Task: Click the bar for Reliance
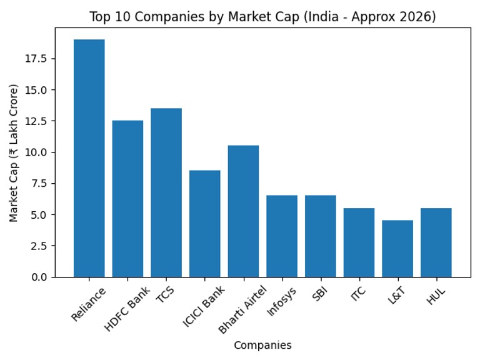click(x=89, y=158)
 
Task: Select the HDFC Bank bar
click(x=127, y=199)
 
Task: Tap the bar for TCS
click(x=166, y=192)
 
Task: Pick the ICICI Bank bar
click(x=205, y=224)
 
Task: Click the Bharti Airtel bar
click(x=243, y=211)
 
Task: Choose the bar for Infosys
click(x=282, y=236)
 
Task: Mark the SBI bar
click(x=321, y=236)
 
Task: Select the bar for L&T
click(x=397, y=249)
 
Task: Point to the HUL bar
click(x=436, y=242)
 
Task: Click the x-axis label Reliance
click(x=89, y=304)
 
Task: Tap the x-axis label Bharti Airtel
click(x=242, y=309)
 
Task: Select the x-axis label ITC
click(x=358, y=294)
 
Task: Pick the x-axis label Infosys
click(x=282, y=301)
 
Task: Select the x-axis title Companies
click(x=262, y=345)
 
